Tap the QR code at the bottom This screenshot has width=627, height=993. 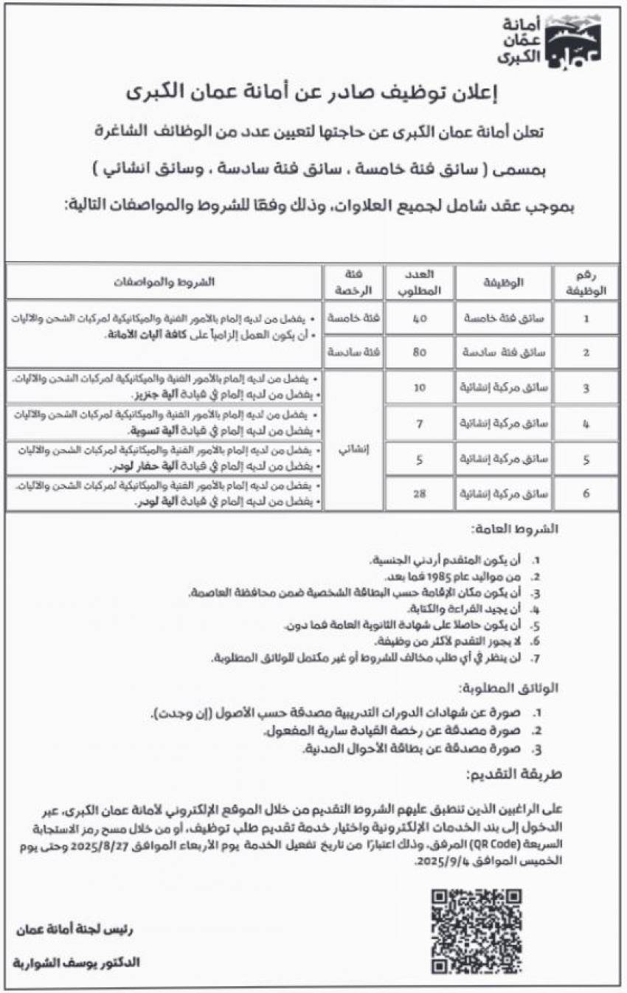coord(476,930)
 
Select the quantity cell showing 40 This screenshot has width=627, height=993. coord(419,318)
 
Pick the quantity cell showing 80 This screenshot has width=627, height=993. coord(419,352)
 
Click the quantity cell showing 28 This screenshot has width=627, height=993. coord(419,494)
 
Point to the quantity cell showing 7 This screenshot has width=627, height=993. coord(419,423)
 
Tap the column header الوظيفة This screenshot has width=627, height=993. coord(503,283)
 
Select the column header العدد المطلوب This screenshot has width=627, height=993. coord(419,283)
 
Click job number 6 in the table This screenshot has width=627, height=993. coord(586,494)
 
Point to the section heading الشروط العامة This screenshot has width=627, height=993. coord(516,530)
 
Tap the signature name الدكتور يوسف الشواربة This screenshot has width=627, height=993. coord(77,963)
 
